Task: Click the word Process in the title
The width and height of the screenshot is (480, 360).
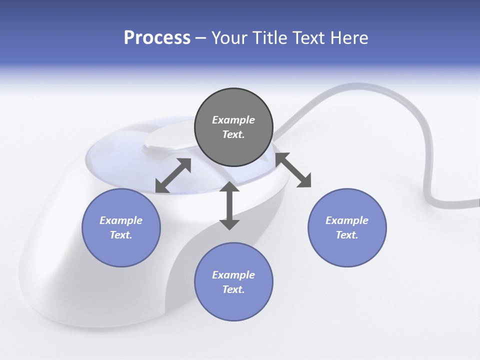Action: click(x=157, y=38)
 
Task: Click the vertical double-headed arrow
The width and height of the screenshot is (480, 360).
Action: click(x=229, y=205)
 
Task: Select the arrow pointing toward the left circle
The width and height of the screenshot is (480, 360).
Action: click(x=173, y=175)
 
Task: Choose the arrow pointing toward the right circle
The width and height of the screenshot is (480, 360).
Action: click(x=293, y=170)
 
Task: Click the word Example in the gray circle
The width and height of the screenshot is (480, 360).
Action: click(x=233, y=120)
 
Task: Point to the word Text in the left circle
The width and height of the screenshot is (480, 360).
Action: click(x=121, y=235)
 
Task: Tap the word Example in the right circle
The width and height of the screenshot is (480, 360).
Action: click(x=347, y=220)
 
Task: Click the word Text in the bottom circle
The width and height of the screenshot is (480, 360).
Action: click(x=233, y=289)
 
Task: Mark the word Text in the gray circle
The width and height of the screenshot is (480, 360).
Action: click(x=233, y=134)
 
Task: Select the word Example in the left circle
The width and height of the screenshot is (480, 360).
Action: click(x=121, y=220)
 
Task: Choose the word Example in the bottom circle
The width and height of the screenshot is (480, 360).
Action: click(x=233, y=275)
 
